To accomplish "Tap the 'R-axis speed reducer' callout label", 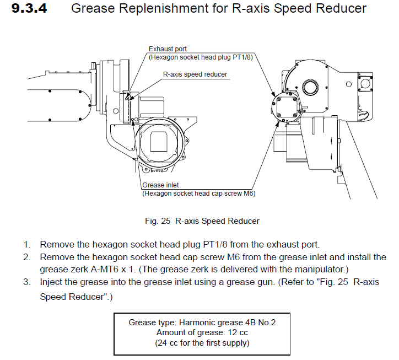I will click(x=195, y=74).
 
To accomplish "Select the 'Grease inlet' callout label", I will click(x=160, y=185).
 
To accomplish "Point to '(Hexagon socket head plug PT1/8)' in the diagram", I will click(x=201, y=57).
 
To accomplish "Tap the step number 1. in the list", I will click(x=26, y=244).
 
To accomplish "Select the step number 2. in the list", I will click(x=26, y=257).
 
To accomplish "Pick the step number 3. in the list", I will click(x=26, y=282).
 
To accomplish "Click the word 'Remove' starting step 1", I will click(x=56, y=244).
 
